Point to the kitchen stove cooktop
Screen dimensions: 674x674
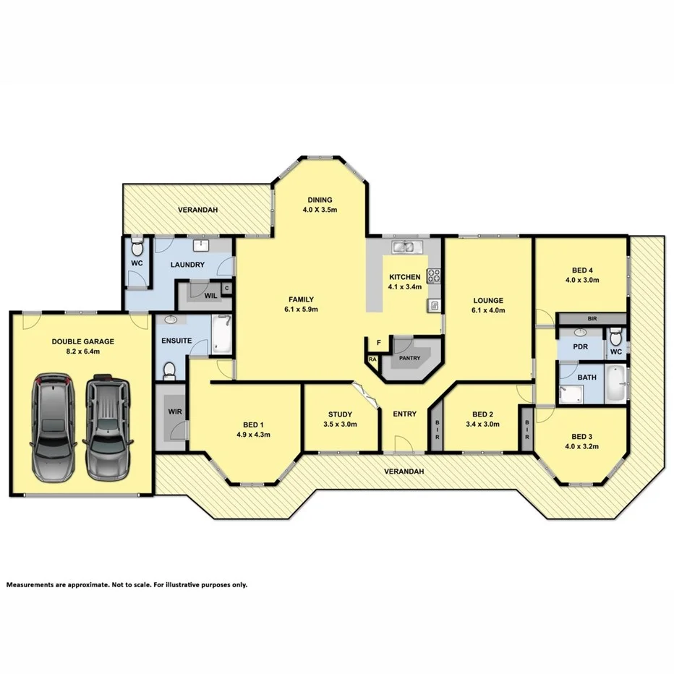point(434,276)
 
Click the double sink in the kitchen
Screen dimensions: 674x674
point(404,248)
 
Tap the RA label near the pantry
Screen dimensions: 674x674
point(373,359)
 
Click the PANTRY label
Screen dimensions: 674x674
point(409,357)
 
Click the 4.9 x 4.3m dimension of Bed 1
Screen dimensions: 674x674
point(252,435)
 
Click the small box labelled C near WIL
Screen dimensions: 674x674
point(226,289)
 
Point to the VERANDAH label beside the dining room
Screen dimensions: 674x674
point(197,210)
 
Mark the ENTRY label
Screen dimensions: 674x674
point(404,414)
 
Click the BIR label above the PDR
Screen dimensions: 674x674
point(592,318)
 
